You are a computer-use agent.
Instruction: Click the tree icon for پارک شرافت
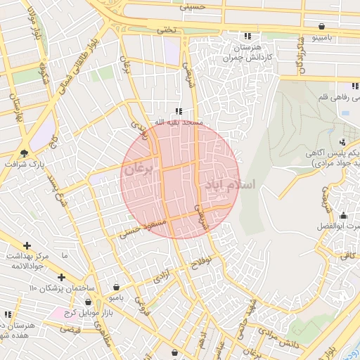(x=25, y=153)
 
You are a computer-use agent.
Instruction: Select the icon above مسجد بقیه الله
(x=179, y=111)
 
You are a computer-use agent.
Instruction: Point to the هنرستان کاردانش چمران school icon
(x=247, y=36)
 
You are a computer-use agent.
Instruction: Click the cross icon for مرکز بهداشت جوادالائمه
(x=27, y=245)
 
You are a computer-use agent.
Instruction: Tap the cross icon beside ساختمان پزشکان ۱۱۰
(x=63, y=276)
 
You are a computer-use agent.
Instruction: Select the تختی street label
(x=166, y=30)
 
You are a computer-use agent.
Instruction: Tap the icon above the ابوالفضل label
(x=343, y=215)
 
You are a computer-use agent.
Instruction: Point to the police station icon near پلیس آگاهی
(x=342, y=141)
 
